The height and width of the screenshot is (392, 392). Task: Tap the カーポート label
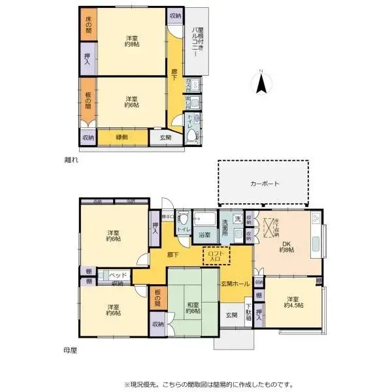[264, 184]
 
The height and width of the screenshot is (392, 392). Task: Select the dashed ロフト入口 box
[216, 255]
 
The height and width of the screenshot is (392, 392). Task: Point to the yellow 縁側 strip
[122, 137]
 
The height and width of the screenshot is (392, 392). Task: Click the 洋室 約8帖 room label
[131, 41]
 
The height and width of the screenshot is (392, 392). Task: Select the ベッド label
[118, 275]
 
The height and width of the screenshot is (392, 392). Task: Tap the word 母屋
[71, 350]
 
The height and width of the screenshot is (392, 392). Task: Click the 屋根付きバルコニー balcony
[197, 41]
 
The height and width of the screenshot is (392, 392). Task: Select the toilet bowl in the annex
[192, 135]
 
